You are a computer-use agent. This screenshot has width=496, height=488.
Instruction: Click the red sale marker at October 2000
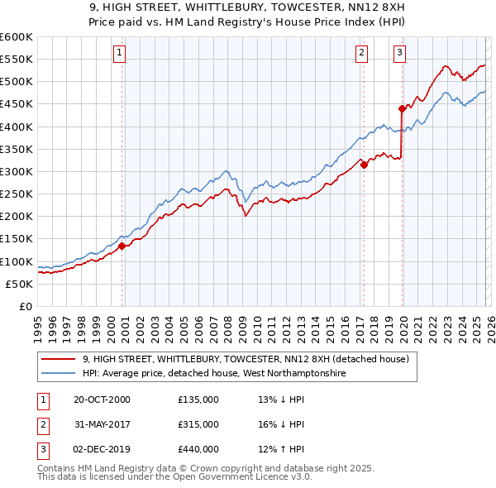coord(122,245)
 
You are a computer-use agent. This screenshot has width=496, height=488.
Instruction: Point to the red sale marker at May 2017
coord(364,165)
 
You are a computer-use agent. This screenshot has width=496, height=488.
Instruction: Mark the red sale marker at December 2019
coord(402,108)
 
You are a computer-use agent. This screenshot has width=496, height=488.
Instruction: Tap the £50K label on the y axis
coord(20,284)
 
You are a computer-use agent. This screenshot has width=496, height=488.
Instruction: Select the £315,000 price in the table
coord(198,424)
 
